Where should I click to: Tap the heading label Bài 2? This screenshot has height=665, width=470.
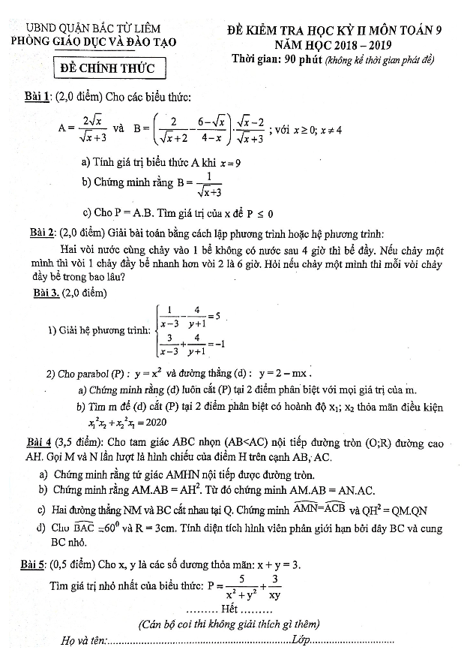[40, 233]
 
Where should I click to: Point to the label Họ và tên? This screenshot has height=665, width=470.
[83, 641]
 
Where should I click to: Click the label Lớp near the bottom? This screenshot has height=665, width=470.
[301, 639]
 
